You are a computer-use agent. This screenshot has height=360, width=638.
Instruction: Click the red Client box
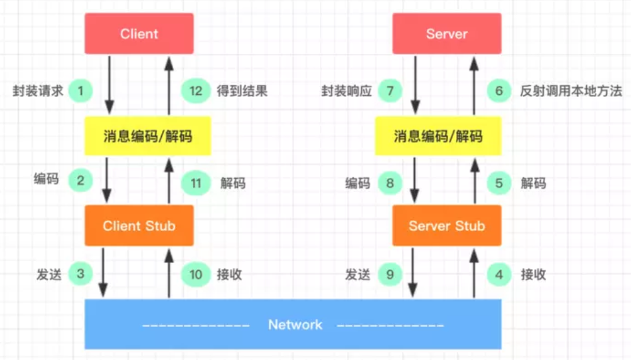click(139, 34)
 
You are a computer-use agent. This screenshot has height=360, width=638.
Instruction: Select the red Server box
click(447, 34)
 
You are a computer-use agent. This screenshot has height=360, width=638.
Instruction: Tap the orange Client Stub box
click(139, 226)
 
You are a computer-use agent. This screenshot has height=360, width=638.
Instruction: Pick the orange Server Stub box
click(447, 226)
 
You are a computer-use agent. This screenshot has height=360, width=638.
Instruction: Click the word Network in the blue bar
click(295, 325)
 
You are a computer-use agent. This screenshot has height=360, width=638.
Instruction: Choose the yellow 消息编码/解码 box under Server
click(438, 137)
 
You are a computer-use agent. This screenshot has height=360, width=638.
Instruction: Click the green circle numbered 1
click(81, 91)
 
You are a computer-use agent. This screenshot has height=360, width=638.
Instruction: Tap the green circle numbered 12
click(195, 91)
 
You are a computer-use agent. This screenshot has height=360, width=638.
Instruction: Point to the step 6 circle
click(499, 91)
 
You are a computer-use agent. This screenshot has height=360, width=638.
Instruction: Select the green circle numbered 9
click(390, 274)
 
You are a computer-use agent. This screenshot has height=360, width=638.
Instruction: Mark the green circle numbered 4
click(499, 274)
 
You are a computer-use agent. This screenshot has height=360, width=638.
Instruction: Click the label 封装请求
click(38, 91)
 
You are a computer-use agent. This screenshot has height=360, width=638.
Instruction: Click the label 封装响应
click(347, 91)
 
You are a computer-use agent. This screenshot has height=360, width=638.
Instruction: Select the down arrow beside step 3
click(103, 272)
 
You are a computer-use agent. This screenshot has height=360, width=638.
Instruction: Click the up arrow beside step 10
click(169, 272)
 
